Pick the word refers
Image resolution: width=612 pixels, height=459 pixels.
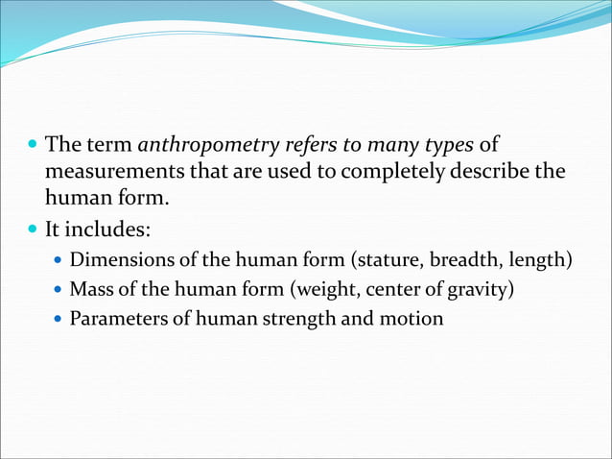click(x=310, y=147)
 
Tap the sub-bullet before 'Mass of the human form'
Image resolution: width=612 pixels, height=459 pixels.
click(x=59, y=289)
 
